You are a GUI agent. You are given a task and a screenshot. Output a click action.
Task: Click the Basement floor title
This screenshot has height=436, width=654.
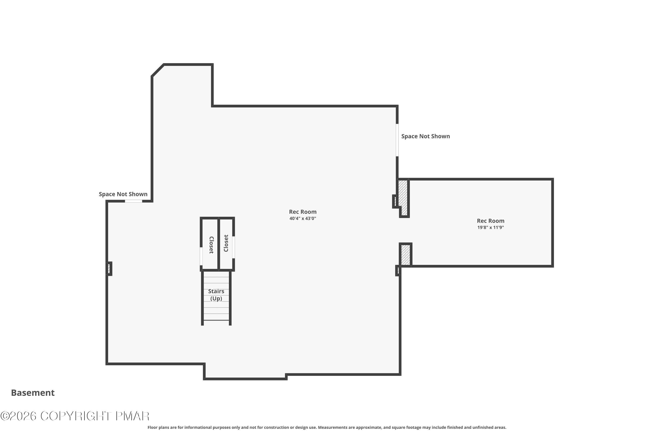33,393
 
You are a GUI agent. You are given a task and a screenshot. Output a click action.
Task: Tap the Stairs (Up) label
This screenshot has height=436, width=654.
216,295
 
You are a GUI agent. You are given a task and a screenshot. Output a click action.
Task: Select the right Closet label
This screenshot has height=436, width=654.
226,243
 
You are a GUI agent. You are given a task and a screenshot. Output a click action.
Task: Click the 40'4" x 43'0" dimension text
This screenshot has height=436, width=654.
303,219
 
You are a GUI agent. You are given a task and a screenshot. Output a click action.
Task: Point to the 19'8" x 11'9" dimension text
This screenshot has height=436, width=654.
490,227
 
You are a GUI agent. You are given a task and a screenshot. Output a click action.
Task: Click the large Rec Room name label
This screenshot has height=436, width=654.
303,212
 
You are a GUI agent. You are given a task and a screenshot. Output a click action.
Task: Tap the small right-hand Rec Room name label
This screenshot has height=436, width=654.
490,221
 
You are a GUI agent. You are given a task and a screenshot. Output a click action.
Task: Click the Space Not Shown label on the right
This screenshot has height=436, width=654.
426,136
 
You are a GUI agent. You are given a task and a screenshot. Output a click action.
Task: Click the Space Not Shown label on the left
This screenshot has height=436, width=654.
123,194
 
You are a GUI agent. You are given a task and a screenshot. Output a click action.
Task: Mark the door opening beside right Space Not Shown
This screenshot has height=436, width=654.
397,140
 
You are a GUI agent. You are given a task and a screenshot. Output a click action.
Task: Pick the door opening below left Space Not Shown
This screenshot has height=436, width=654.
133,201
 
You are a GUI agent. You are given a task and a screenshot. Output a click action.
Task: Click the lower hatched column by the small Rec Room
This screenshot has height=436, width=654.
406,255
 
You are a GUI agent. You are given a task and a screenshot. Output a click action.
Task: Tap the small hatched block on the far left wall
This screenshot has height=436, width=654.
109,269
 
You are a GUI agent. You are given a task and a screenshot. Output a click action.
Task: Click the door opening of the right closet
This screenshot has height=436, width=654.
233,247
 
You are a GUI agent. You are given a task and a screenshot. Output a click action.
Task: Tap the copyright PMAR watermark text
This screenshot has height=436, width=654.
75,416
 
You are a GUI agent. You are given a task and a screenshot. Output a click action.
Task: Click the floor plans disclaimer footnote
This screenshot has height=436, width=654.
327,427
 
